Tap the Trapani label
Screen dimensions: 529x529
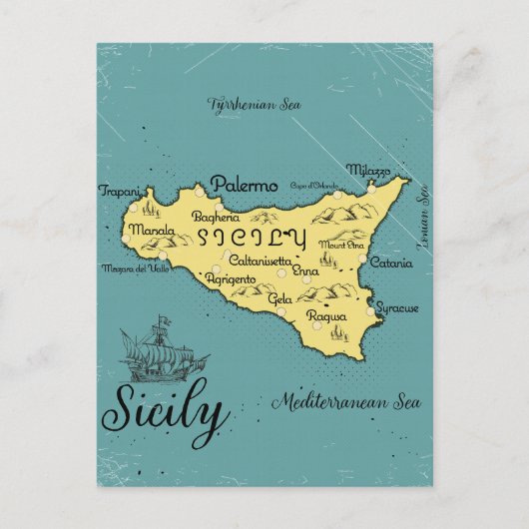117,190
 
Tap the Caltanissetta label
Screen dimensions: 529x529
261,260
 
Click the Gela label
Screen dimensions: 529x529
279,298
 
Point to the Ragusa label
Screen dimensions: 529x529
327,315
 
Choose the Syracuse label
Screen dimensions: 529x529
398,308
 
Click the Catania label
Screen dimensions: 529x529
390,264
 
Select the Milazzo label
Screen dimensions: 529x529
368,170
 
